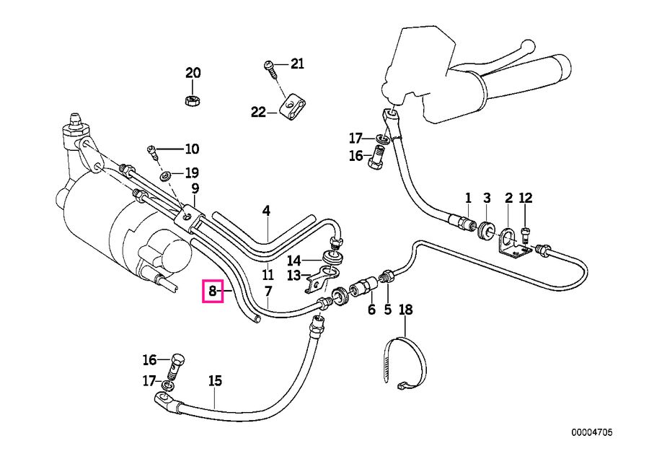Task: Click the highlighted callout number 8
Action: click(x=213, y=292)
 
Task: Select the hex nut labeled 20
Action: click(x=193, y=100)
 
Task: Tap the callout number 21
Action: click(x=298, y=65)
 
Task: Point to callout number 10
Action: click(x=191, y=149)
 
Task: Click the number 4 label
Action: click(x=267, y=211)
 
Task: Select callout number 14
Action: click(x=295, y=260)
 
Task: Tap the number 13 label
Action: click(x=295, y=276)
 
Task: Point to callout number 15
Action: click(x=215, y=381)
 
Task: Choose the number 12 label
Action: click(x=525, y=198)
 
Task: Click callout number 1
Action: click(x=467, y=198)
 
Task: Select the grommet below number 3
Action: click(x=487, y=231)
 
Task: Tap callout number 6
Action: click(x=371, y=310)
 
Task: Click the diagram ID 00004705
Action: click(x=591, y=432)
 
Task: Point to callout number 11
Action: click(x=268, y=275)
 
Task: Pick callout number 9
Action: click(x=195, y=189)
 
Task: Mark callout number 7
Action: click(x=268, y=292)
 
